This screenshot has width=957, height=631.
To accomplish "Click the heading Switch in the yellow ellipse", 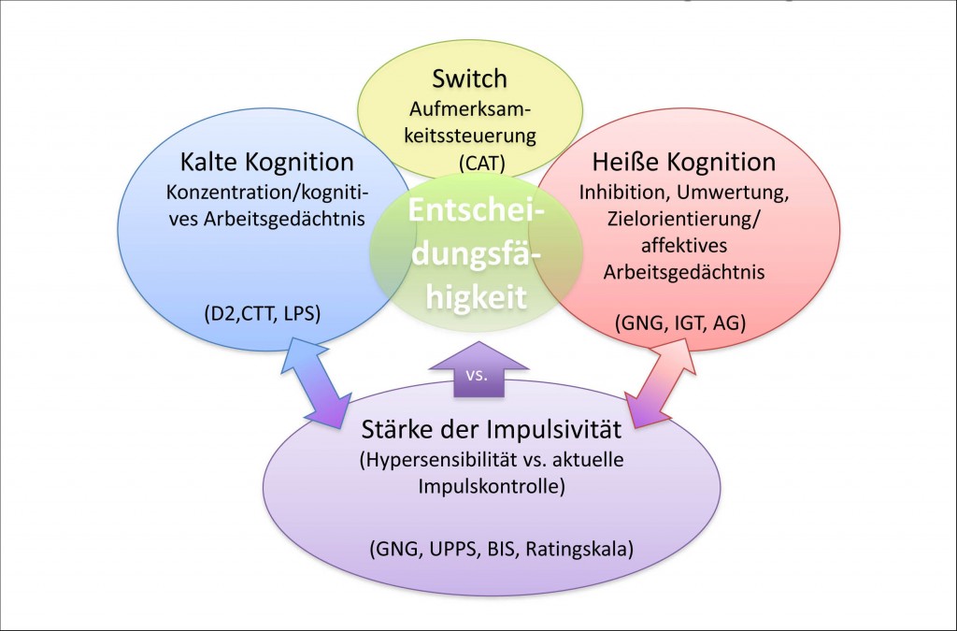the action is coord(469,79).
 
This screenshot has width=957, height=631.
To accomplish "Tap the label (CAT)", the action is coord(482,163).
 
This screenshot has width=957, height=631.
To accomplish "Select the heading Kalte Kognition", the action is coord(266,163).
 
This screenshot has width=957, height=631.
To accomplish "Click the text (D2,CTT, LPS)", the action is coord(263,314).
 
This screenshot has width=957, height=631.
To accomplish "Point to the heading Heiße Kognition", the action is coord(683,163).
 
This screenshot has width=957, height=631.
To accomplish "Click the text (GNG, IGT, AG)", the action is coord(680,323).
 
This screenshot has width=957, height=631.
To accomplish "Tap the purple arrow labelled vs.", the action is coord(478,370).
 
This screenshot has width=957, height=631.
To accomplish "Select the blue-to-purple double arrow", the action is coord(316,381).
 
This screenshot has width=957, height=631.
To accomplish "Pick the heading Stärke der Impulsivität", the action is coord(492,429).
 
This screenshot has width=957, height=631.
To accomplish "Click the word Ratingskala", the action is coord(579,550).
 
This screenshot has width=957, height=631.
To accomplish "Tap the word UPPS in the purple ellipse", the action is coord(452,550).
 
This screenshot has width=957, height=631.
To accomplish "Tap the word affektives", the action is coord(684,245).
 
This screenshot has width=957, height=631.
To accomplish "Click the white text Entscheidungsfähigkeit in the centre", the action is coord(477,253).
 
